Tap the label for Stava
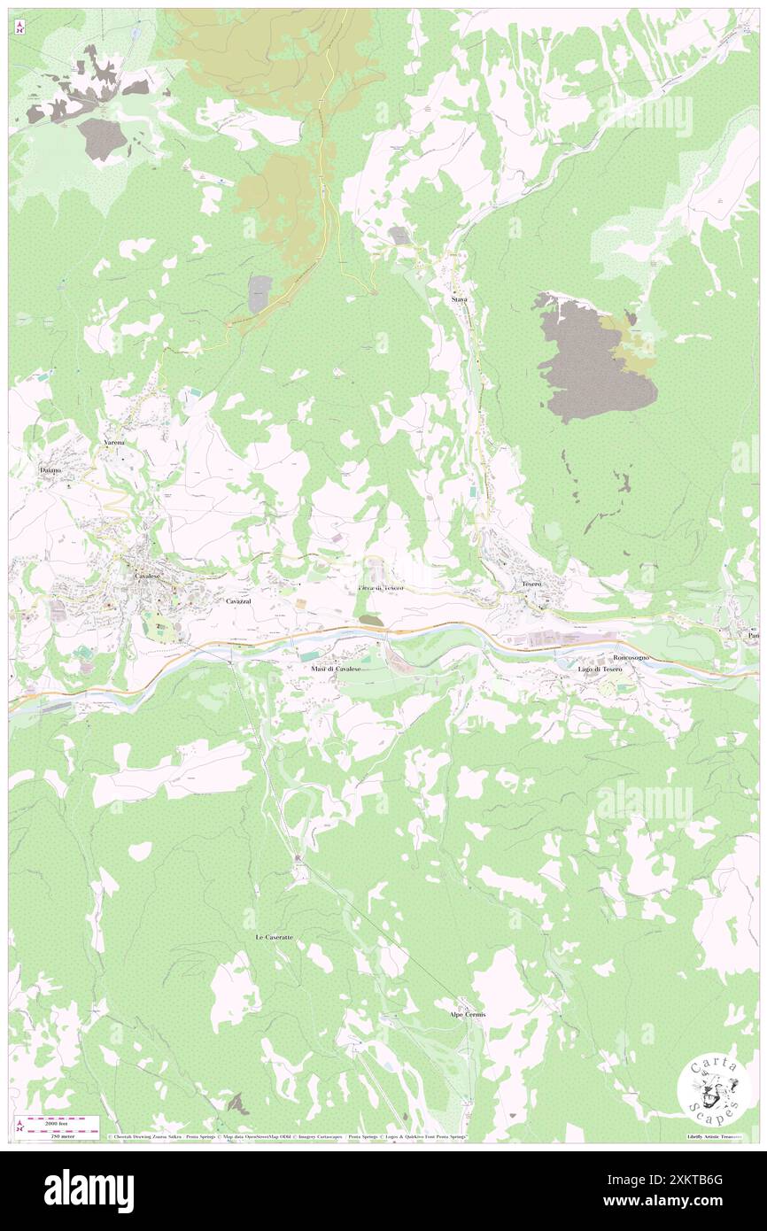click(459, 300)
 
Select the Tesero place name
click(531, 585)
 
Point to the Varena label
click(112, 442)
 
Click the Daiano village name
click(50, 470)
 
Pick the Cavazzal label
click(238, 601)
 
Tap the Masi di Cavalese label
click(336, 669)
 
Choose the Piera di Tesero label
click(381, 589)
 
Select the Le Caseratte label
click(274, 936)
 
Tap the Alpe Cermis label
click(468, 1014)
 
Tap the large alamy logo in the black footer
click(89, 1190)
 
